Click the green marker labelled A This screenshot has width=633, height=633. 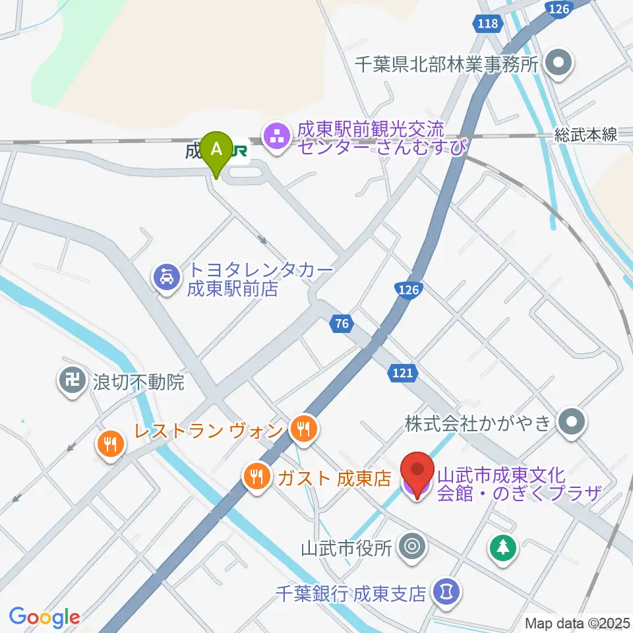tap(216, 150)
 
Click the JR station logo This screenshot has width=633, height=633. tap(239, 152)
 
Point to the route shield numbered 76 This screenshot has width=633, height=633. tap(340, 324)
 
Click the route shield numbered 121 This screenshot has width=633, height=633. tap(402, 373)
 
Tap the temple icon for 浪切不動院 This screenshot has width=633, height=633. tap(71, 381)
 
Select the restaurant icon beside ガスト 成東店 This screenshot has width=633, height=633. tap(255, 476)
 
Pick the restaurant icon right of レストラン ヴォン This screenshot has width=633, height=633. tap(303, 431)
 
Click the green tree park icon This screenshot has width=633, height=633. tap(503, 547)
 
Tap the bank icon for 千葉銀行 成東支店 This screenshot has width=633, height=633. tap(446, 591)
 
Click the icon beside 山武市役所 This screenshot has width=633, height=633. tap(413, 547)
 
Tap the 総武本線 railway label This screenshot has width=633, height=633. tap(586, 135)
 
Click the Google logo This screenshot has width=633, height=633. tap(44, 617)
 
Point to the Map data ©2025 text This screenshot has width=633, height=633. tap(578, 622)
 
